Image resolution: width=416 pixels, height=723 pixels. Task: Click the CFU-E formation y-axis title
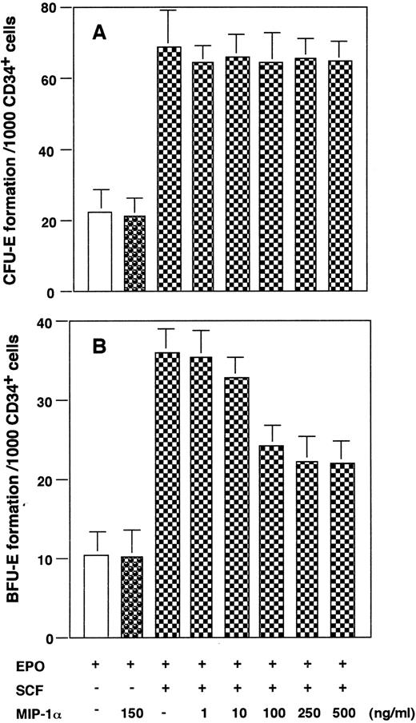pyautogui.click(x=17, y=149)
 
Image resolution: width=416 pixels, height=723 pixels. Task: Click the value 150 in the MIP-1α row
pyautogui.click(x=134, y=707)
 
